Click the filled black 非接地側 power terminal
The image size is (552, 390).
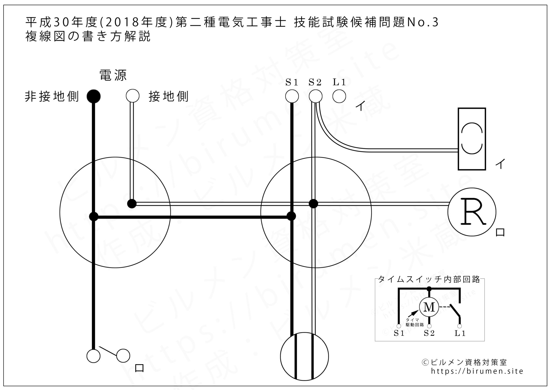click(x=94, y=96)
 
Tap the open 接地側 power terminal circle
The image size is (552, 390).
click(x=133, y=96)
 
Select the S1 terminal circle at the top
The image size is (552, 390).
click(x=292, y=96)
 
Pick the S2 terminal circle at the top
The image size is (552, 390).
click(x=315, y=96)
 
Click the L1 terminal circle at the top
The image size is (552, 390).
click(x=339, y=96)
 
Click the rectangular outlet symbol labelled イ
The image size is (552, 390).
click(x=472, y=139)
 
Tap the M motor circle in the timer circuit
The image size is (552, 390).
click(x=429, y=307)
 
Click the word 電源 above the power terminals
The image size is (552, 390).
click(x=113, y=75)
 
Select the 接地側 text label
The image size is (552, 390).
click(x=168, y=96)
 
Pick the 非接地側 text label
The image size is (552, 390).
click(x=52, y=96)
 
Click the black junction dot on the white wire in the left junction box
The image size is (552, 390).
click(x=132, y=204)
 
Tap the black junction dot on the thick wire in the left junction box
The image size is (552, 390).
click(x=94, y=216)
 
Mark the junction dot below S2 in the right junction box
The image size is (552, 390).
click(x=313, y=204)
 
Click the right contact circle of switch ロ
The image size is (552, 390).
click(x=123, y=356)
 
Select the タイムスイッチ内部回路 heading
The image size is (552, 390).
click(x=429, y=279)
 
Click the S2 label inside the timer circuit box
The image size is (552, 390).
click(x=429, y=333)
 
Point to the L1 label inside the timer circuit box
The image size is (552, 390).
click(x=460, y=333)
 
